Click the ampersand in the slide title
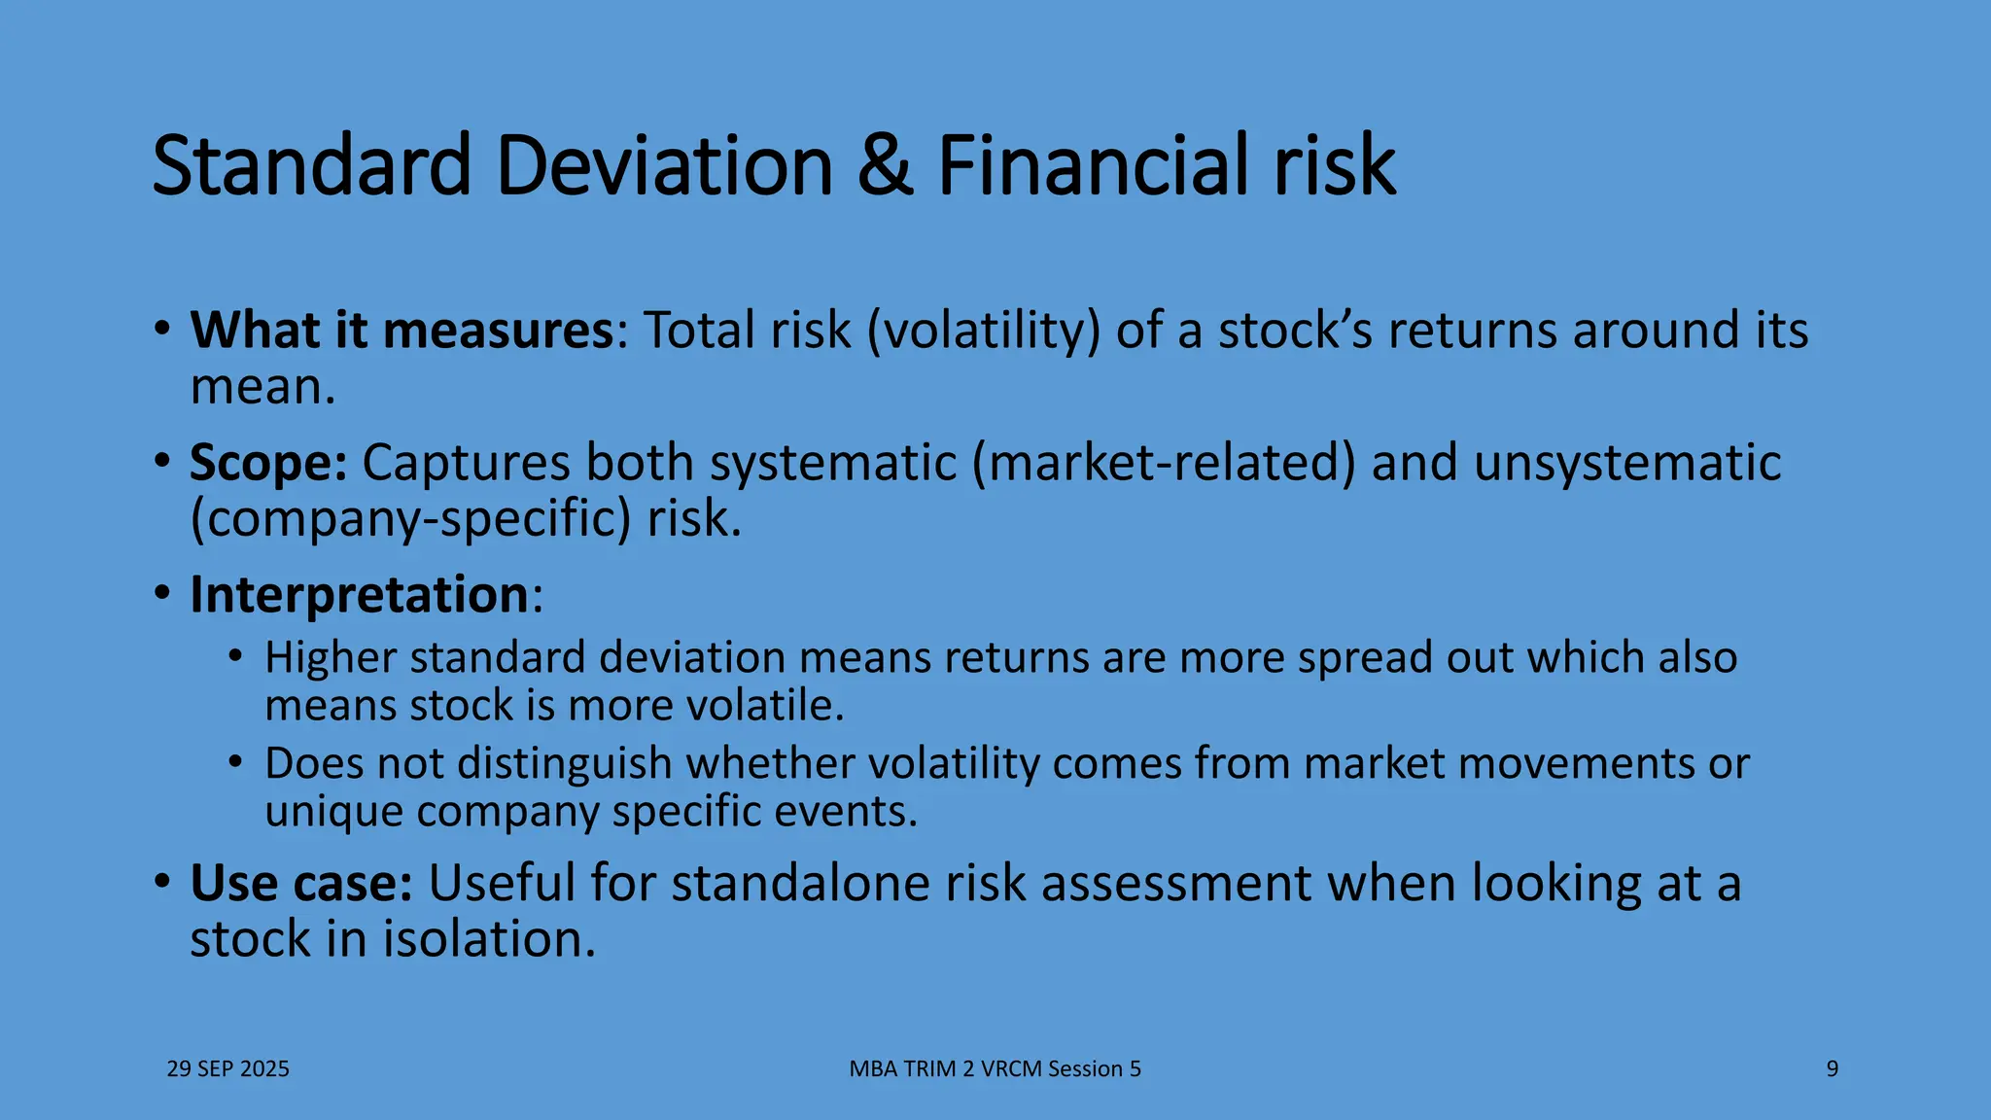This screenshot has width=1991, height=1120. tap(885, 166)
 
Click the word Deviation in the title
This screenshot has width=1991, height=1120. tap(664, 166)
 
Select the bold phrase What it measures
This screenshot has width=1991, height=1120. tap(402, 331)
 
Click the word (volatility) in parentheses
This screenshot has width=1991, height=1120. tap(983, 331)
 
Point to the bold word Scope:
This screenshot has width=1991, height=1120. tap(268, 463)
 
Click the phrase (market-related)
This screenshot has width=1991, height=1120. tap(1164, 463)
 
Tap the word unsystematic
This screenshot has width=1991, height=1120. tap(1626, 463)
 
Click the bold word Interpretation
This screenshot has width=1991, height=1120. tap(359, 594)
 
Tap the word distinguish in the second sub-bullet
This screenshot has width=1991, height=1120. tap(565, 764)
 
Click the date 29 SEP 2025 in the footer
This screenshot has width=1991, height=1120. tap(228, 1069)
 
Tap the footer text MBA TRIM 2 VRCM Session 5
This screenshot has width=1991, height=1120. tap(995, 1069)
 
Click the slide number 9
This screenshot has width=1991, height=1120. tap(1832, 1069)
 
